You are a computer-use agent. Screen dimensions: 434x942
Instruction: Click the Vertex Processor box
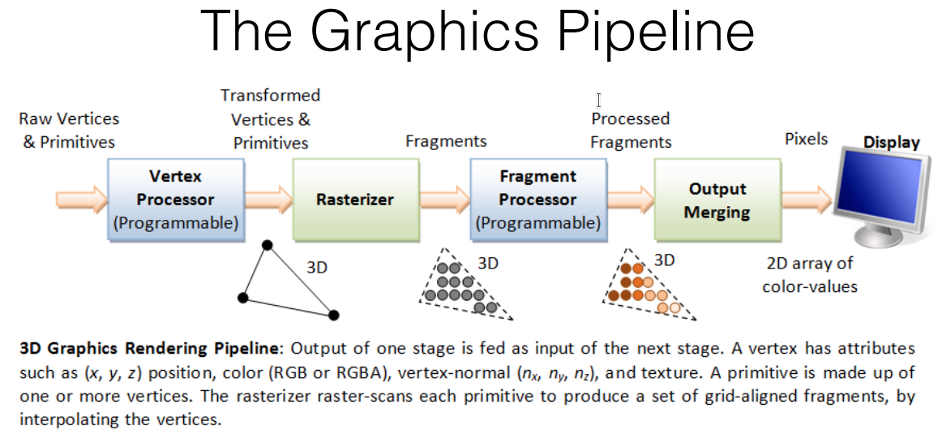(175, 200)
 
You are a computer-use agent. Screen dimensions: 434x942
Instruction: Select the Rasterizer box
(356, 200)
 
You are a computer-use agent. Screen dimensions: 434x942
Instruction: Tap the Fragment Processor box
(537, 200)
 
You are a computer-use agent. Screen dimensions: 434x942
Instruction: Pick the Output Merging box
(717, 200)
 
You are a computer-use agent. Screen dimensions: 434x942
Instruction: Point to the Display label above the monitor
(891, 143)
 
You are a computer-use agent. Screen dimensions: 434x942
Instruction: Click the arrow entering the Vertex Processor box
(81, 198)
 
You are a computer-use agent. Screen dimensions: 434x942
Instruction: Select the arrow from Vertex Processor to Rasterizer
(268, 198)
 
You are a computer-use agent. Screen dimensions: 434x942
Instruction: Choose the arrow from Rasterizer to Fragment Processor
(445, 198)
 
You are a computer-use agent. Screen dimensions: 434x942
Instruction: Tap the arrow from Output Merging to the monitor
(807, 198)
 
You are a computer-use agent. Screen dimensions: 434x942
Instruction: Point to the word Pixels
(806, 139)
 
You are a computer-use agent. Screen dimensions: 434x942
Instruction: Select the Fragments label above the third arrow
(446, 141)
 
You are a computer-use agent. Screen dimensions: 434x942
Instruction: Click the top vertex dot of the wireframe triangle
(268, 245)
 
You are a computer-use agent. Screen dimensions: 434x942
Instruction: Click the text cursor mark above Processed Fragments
(598, 100)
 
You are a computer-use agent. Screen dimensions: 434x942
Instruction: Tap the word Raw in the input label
(35, 119)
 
